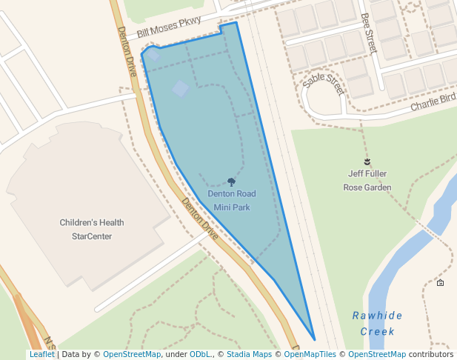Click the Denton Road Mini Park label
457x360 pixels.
(231, 200)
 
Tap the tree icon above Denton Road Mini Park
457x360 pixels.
(232, 181)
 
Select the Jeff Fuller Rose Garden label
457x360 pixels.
(367, 181)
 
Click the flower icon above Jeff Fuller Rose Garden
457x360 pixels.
(367, 161)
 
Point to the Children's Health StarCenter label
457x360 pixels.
(92, 229)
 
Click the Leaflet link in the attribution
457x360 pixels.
(41, 355)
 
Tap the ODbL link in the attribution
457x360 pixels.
(199, 355)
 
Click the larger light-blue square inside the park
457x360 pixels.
(181, 89)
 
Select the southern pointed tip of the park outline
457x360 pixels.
(315, 339)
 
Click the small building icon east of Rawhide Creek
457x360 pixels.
(440, 283)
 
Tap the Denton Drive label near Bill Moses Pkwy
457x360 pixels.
(127, 52)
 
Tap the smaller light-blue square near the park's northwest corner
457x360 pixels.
(153, 54)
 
